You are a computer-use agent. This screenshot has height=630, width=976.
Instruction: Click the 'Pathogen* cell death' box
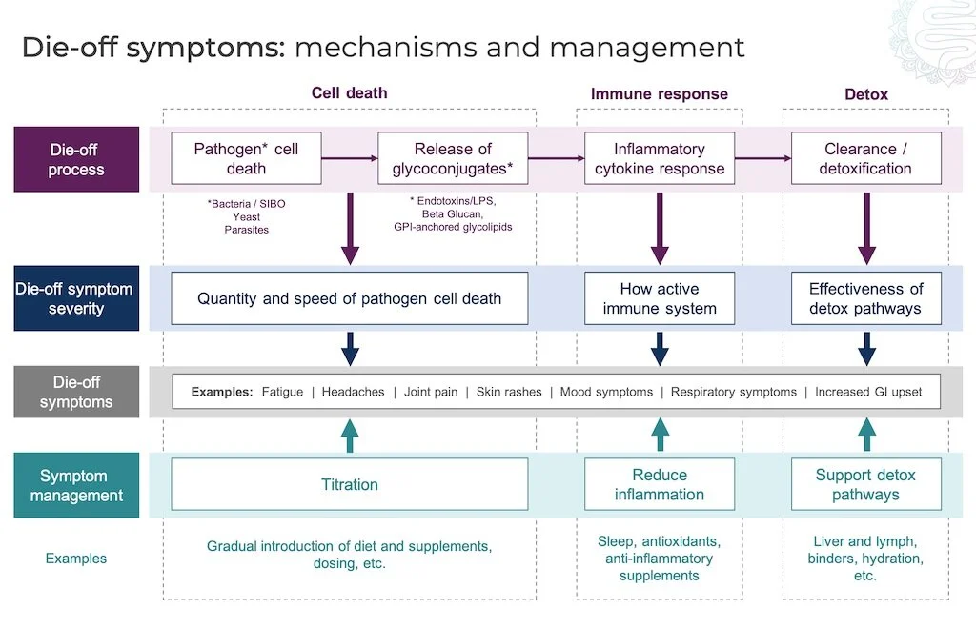pyautogui.click(x=246, y=158)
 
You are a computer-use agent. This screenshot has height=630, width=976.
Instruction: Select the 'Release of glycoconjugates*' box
pyautogui.click(x=453, y=158)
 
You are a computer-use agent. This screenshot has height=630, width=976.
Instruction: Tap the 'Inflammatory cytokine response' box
pyautogui.click(x=660, y=158)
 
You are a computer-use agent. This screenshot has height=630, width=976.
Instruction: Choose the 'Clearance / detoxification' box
pyautogui.click(x=865, y=158)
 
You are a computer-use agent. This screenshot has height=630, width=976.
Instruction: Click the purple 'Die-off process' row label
pyautogui.click(x=76, y=159)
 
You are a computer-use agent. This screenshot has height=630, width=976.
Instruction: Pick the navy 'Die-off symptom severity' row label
pyautogui.click(x=76, y=298)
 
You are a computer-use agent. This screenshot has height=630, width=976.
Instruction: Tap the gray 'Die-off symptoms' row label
pyautogui.click(x=76, y=392)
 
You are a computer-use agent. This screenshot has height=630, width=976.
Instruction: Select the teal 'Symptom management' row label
pyautogui.click(x=76, y=485)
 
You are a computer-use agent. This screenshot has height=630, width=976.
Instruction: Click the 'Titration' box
pyautogui.click(x=349, y=484)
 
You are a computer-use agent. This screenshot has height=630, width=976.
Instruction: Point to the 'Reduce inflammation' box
pyautogui.click(x=660, y=484)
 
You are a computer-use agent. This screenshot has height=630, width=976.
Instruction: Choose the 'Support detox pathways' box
pyautogui.click(x=865, y=484)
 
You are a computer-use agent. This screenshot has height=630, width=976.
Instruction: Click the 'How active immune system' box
pyautogui.click(x=660, y=298)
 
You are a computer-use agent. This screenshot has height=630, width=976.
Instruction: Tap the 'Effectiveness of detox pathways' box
pyautogui.click(x=865, y=298)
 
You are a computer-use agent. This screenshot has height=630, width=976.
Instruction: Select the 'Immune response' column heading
pyautogui.click(x=659, y=93)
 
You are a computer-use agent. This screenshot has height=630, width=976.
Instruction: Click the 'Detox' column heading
pyautogui.click(x=865, y=93)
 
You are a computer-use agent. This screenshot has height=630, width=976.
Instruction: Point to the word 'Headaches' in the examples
pyautogui.click(x=353, y=392)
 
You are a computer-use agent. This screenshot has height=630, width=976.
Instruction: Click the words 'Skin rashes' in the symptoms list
pyautogui.click(x=509, y=392)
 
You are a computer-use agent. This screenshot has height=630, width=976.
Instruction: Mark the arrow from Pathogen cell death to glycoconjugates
pyautogui.click(x=350, y=158)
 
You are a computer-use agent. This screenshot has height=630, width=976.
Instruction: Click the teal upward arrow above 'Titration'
pyautogui.click(x=350, y=434)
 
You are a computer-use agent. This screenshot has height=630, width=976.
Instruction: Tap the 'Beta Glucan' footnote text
pyautogui.click(x=453, y=213)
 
